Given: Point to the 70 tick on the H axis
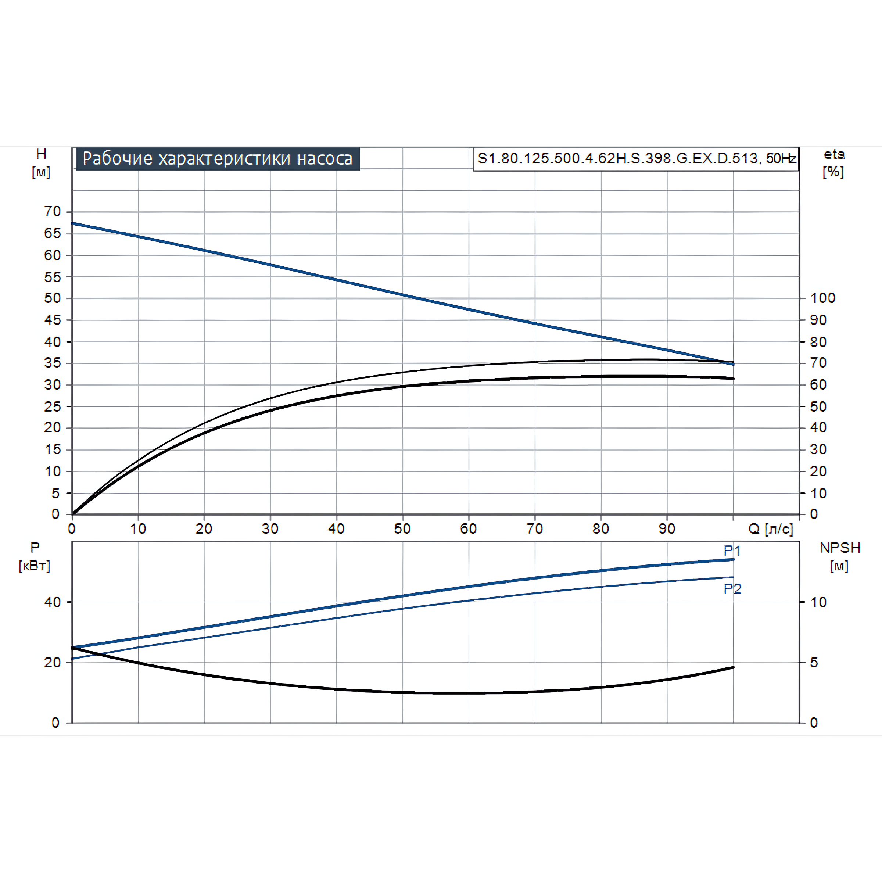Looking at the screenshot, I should pos(53,211).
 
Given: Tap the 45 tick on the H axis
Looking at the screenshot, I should pos(53,320).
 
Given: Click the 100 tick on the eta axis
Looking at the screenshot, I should pos(823,298).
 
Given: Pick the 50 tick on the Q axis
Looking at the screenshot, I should pos(402,529).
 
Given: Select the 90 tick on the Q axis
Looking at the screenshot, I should pos(667,529).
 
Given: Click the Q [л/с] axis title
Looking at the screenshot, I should pos(771,529).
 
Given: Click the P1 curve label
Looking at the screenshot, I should pos(732,551).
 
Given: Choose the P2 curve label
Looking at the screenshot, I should pos(732,589).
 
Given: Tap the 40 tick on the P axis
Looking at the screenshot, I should pos(53,602).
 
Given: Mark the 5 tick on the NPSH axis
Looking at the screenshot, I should pos(814,662).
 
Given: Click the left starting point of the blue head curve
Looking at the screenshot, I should pos(73,223).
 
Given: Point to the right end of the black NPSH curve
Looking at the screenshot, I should pos(733,667).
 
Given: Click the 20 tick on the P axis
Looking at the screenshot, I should pos(53,662).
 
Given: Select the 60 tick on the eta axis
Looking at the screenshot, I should pos(818,385).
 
